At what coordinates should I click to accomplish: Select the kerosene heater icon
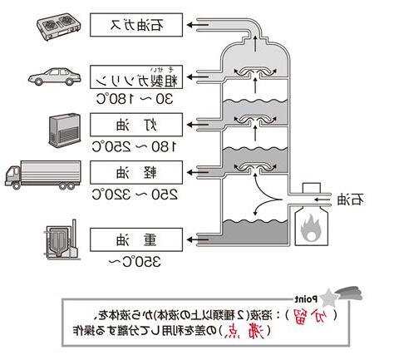tap(63, 127)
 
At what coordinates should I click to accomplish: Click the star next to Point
tap(329, 294)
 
